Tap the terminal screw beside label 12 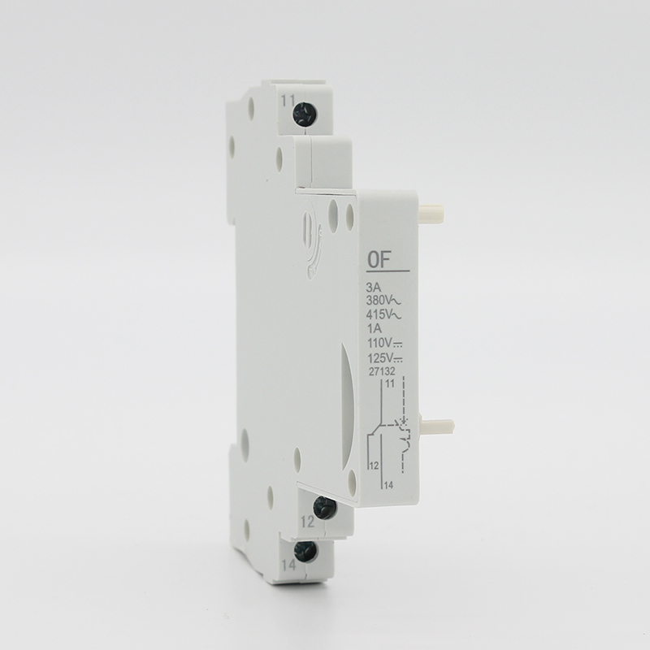click(324, 508)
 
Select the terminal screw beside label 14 click(305, 552)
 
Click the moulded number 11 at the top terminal click(288, 100)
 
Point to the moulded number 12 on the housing click(308, 522)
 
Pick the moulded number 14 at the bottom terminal click(288, 565)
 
